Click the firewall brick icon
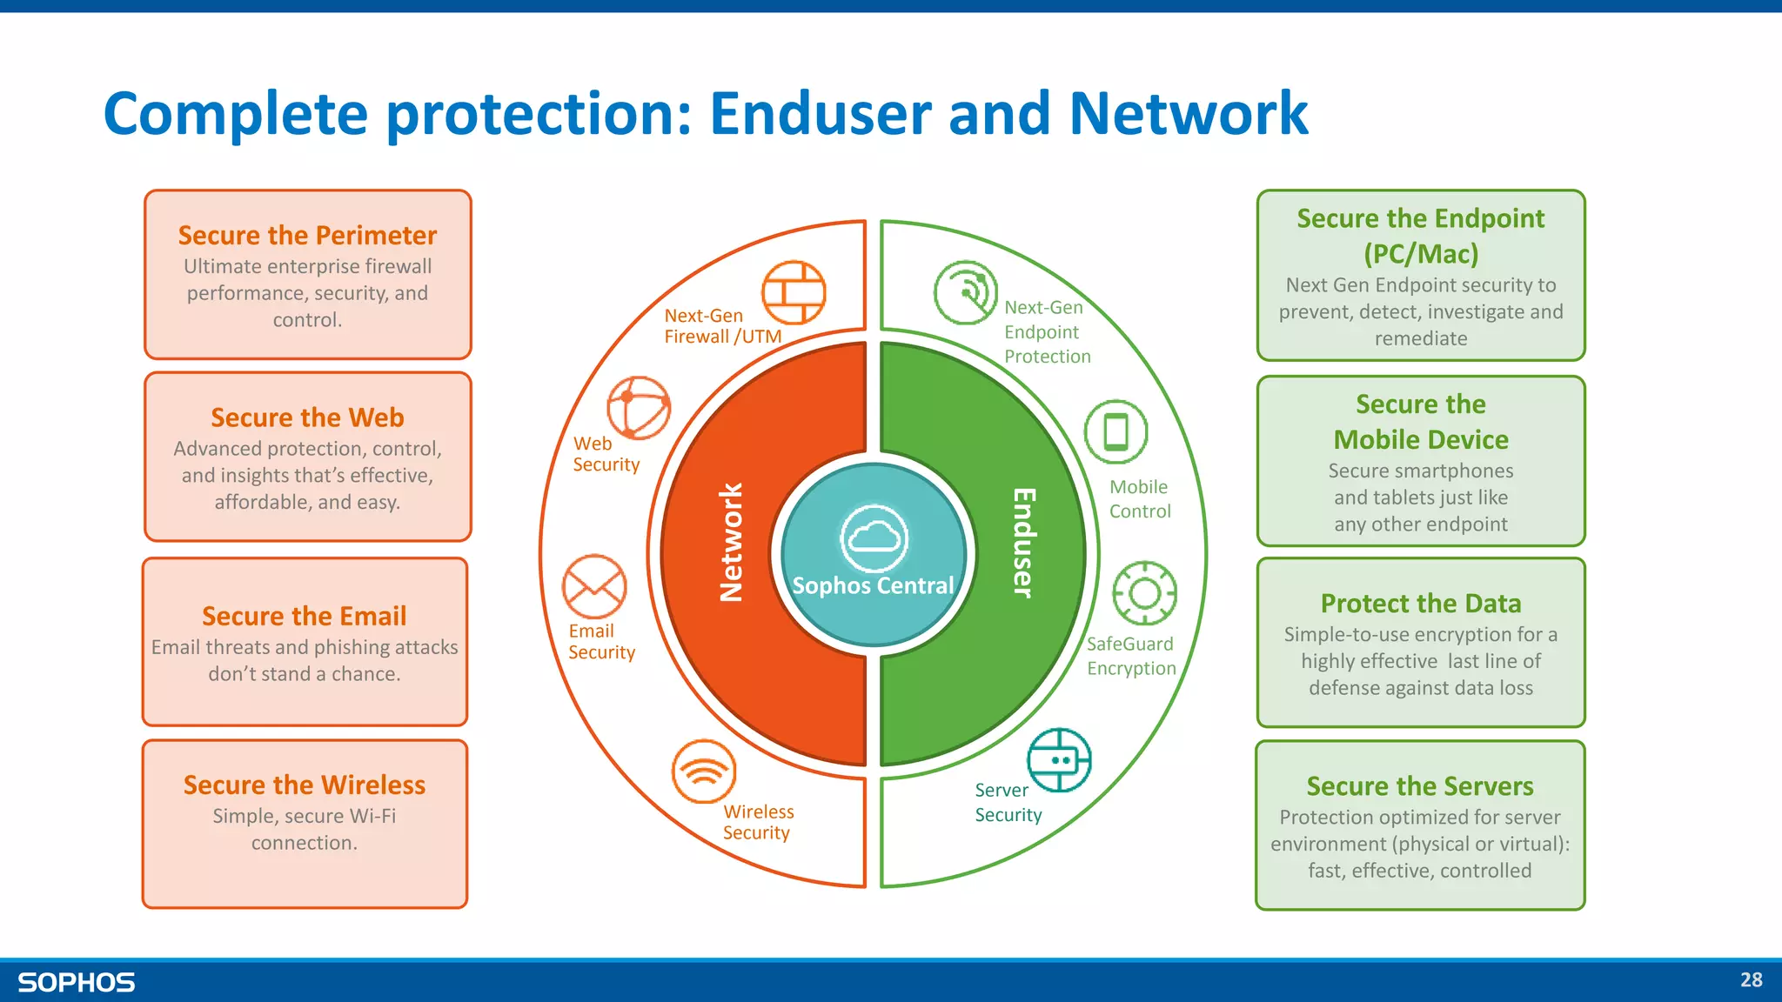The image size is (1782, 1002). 794,292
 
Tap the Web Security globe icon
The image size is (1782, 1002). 639,408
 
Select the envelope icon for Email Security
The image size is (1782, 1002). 594,586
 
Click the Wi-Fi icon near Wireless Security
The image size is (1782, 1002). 704,772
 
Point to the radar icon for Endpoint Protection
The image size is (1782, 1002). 966,292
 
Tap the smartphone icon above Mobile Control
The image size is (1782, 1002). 1115,432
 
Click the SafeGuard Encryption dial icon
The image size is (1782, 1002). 1145,593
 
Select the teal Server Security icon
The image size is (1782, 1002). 1059,760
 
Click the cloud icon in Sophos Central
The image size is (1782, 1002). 874,537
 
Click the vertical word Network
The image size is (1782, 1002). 731,543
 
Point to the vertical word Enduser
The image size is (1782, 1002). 1023,543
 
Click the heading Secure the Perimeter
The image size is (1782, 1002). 307,236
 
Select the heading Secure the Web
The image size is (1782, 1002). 307,417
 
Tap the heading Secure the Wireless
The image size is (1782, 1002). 305,785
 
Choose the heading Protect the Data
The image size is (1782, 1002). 1420,604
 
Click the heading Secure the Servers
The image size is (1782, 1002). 1420,786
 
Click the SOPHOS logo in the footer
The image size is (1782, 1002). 77,983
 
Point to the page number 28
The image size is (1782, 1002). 1751,980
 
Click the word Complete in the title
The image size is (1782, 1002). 235,115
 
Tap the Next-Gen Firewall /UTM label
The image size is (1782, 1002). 722,326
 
